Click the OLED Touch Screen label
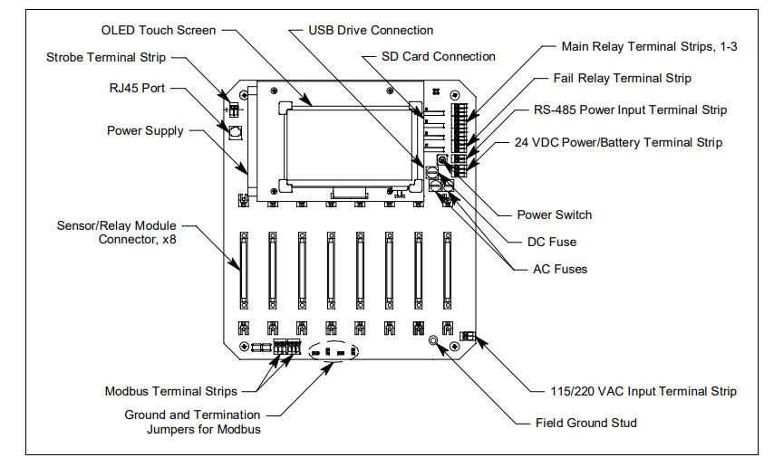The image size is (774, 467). tap(160, 30)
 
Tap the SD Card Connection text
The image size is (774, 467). tap(439, 56)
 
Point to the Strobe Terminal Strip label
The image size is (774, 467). tap(106, 58)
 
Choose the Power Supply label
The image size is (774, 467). tap(145, 130)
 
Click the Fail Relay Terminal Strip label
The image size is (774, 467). tap(622, 79)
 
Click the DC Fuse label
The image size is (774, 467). tap(551, 242)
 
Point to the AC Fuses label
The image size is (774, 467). tap(559, 269)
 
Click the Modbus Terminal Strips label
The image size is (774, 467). tap(170, 391)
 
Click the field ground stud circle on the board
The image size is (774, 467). tap(434, 342)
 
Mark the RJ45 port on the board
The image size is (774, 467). tap(235, 133)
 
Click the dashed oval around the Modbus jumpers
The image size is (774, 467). tap(334, 352)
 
